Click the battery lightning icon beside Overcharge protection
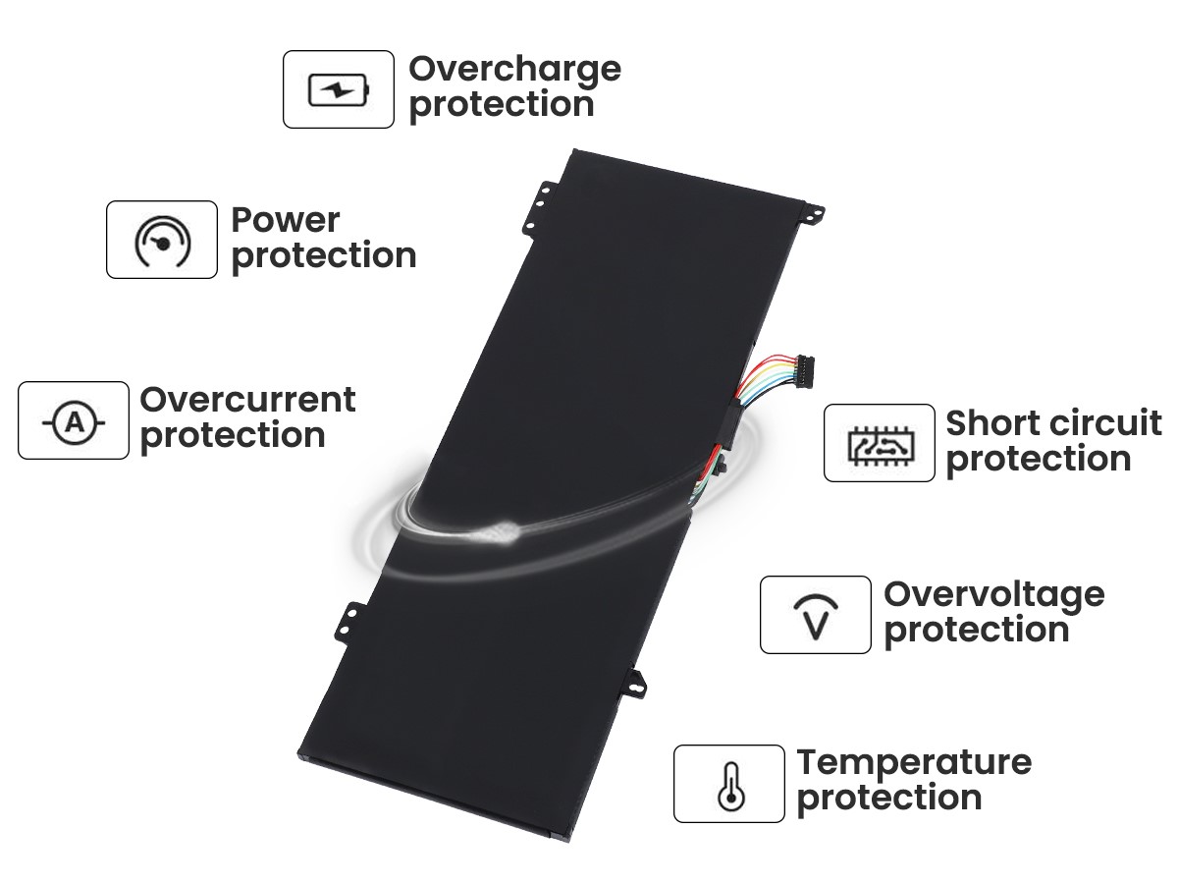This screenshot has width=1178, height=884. (339, 89)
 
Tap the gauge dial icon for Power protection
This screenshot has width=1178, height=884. (163, 241)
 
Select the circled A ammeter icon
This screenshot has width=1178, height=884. (74, 422)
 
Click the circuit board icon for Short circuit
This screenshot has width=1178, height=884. (880, 446)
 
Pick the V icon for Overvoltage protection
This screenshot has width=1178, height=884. (816, 616)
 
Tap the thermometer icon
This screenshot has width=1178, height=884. (730, 786)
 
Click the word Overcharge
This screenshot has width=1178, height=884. (514, 71)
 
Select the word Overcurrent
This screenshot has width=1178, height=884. (247, 400)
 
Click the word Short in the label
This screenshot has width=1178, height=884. (992, 423)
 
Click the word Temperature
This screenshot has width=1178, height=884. (914, 764)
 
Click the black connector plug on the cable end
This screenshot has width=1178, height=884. (804, 371)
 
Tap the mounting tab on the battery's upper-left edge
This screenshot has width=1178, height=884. (538, 207)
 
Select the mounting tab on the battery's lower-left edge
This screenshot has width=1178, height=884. (349, 622)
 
